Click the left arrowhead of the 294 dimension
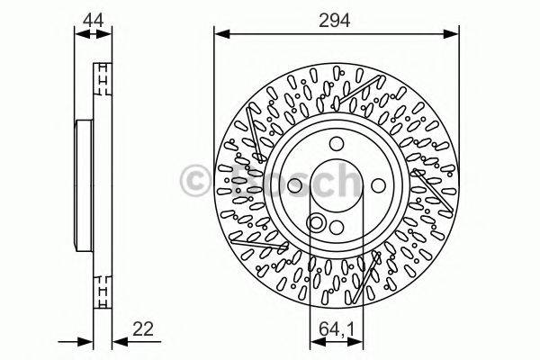[219, 34]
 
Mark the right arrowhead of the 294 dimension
[454, 34]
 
